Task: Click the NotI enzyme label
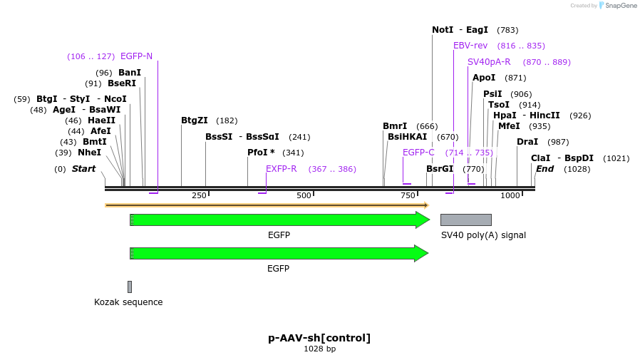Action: (x=443, y=30)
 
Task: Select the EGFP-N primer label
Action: (x=136, y=56)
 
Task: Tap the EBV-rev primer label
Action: (x=470, y=46)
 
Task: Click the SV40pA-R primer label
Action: (x=489, y=62)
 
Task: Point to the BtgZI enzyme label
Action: (x=195, y=120)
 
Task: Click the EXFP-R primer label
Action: (x=281, y=169)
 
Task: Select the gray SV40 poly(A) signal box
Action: (x=465, y=220)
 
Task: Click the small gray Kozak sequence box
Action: (x=130, y=287)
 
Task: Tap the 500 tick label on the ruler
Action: (x=304, y=195)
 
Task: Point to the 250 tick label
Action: (x=199, y=195)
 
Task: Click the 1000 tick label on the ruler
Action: (x=510, y=195)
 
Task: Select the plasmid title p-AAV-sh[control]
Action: (x=319, y=338)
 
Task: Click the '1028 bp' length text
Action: (x=319, y=349)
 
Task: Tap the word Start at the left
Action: (x=83, y=169)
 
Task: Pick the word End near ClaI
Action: (x=544, y=169)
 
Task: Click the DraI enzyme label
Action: (x=527, y=142)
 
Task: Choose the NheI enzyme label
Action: (x=90, y=153)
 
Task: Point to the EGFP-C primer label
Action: (x=418, y=153)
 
